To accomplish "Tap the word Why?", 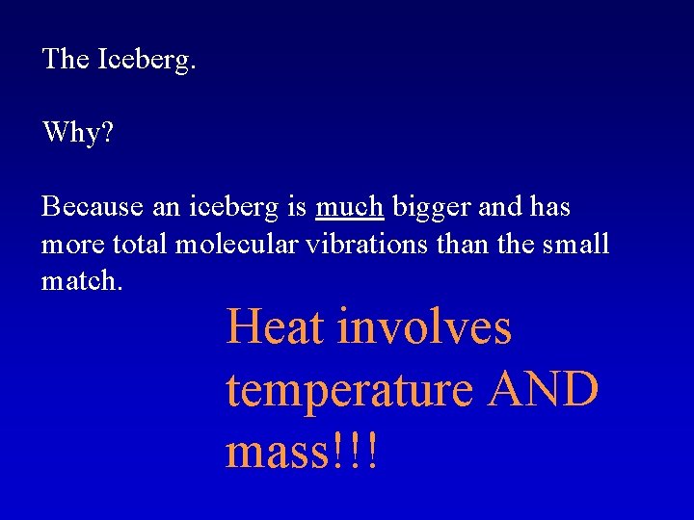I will (x=77, y=133).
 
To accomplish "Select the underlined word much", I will (x=351, y=207).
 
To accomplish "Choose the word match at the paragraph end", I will (x=80, y=281).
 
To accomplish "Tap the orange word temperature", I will (x=349, y=390).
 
